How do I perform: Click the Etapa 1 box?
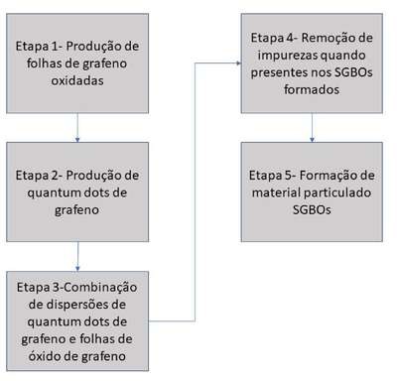pyautogui.click(x=77, y=63)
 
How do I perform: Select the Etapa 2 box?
pyautogui.click(x=77, y=191)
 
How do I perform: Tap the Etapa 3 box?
pyautogui.click(x=77, y=320)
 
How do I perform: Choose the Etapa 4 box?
pyautogui.click(x=312, y=63)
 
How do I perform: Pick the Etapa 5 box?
pyautogui.click(x=312, y=191)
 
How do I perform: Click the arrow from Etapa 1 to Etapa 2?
pyautogui.click(x=77, y=128)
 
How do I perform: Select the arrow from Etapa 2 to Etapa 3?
pyautogui.click(x=77, y=257)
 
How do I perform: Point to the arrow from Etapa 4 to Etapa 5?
pyautogui.click(x=312, y=128)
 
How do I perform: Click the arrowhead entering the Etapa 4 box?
pyautogui.click(x=238, y=63)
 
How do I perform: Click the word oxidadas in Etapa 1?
pyautogui.click(x=77, y=80)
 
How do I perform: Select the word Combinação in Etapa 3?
pyautogui.click(x=100, y=288)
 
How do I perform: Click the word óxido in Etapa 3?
pyautogui.click(x=42, y=355)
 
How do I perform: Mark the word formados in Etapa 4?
pyautogui.click(x=312, y=89)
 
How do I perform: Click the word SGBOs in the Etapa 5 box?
pyautogui.click(x=312, y=209)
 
